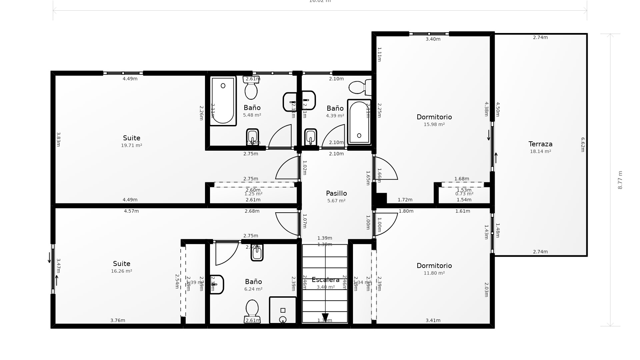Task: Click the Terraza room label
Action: point(540,144)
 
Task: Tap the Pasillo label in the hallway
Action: point(336,193)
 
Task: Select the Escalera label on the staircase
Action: point(325,280)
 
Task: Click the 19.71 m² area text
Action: point(131,145)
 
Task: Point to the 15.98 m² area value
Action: point(434,124)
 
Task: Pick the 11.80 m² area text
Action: point(434,273)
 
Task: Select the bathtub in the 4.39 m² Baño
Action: point(359,122)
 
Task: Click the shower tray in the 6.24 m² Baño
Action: point(283,310)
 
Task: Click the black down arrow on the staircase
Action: point(325,317)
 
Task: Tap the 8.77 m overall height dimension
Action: point(620,180)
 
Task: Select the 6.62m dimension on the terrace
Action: point(583,145)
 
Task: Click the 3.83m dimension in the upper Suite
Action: point(58,139)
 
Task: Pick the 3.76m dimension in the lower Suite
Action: point(118,320)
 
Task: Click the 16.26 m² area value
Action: point(121,271)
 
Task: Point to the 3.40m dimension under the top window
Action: point(433,39)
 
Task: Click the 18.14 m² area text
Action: point(540,151)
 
